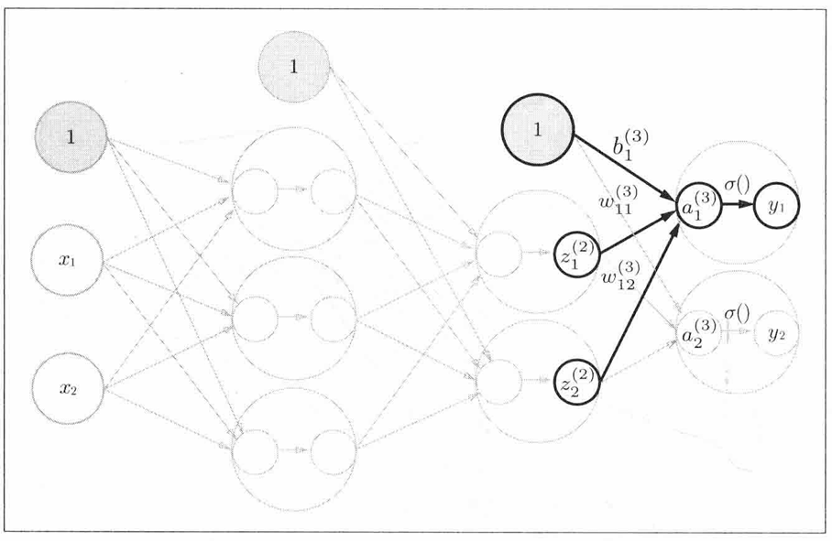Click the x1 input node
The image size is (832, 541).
pyautogui.click(x=67, y=260)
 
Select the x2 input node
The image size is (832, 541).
pyautogui.click(x=68, y=388)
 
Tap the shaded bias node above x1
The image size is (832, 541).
pyautogui.click(x=71, y=137)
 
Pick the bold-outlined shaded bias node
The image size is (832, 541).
pyautogui.click(x=538, y=130)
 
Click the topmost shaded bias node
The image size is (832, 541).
pyautogui.click(x=293, y=67)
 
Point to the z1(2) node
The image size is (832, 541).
pyautogui.click(x=577, y=254)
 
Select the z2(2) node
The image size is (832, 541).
pyautogui.click(x=577, y=383)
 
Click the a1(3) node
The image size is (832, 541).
pyautogui.click(x=699, y=206)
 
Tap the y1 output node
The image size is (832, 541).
pyautogui.click(x=776, y=206)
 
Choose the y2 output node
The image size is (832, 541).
pyautogui.click(x=776, y=334)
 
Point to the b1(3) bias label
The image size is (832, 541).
pyautogui.click(x=629, y=144)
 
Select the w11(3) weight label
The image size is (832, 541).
pyautogui.click(x=619, y=200)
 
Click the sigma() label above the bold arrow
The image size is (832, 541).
pyautogui.click(x=737, y=186)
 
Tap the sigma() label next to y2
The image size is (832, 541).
pyautogui.click(x=737, y=315)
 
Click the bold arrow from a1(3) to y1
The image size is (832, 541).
pyautogui.click(x=739, y=206)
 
